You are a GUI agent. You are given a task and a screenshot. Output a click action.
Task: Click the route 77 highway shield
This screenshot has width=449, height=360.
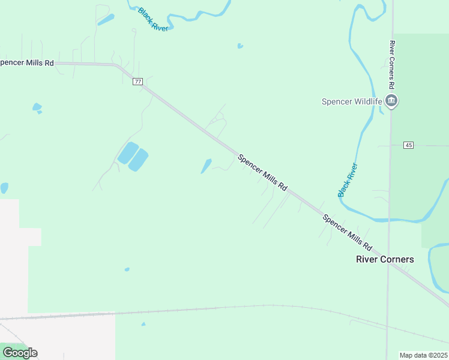tap(138, 82)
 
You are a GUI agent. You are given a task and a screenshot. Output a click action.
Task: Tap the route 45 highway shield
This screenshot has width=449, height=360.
tap(409, 145)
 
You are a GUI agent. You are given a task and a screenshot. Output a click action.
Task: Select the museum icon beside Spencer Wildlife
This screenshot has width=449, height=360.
tap(391, 101)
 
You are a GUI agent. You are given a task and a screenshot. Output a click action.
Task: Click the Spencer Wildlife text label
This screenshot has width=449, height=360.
tap(352, 101)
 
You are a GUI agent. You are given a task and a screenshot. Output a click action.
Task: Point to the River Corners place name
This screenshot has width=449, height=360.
tap(385, 259)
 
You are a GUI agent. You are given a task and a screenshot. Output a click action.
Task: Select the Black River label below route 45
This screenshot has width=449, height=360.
tap(348, 180)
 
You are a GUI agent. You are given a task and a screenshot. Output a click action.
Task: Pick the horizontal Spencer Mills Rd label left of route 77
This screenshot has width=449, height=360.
tap(27, 62)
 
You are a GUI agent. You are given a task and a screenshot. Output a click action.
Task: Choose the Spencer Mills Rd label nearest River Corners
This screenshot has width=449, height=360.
tap(348, 233)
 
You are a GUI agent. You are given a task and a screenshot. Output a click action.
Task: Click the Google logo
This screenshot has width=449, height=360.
tap(20, 353)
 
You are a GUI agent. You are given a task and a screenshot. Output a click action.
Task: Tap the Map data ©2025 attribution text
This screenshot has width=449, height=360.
tap(423, 355)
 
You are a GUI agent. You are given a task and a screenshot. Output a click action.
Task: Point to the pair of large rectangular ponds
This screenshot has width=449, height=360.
tap(133, 157)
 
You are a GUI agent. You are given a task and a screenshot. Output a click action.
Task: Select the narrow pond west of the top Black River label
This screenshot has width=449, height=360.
tap(106, 20)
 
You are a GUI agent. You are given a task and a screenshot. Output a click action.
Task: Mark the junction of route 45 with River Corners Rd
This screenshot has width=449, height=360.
tap(391, 145)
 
